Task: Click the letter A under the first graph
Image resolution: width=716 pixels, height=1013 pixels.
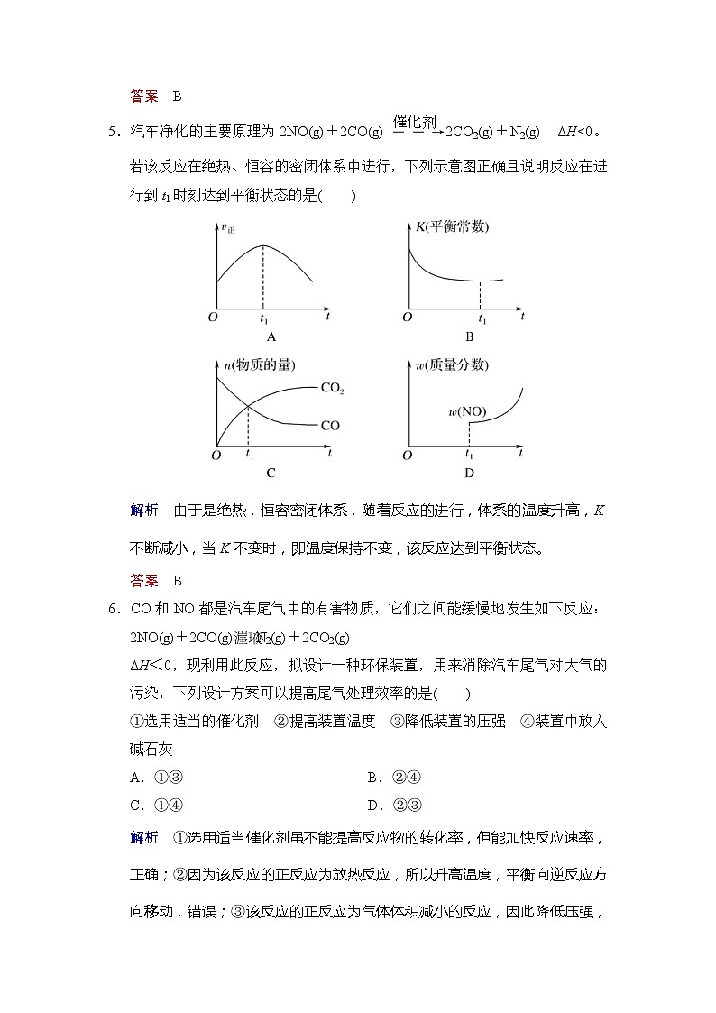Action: coord(271,336)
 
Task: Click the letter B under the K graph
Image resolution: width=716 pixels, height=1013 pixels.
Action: coord(469,336)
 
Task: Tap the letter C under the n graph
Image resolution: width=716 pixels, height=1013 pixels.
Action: coord(271,472)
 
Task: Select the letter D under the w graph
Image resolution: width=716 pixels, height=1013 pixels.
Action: coord(469,472)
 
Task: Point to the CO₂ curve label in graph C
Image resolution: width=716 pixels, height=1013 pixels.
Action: coord(333,389)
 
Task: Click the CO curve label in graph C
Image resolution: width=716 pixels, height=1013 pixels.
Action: coord(330,425)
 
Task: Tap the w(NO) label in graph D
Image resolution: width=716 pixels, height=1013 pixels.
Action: coord(467,412)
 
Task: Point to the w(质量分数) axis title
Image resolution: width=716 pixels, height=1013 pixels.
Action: coord(452,364)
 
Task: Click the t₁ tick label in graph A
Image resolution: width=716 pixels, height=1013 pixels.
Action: coord(264,319)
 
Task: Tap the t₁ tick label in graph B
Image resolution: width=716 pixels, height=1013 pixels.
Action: coord(482,319)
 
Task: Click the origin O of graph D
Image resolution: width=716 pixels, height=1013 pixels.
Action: coord(408,456)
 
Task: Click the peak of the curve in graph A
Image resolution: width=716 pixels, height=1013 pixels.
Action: coord(263,246)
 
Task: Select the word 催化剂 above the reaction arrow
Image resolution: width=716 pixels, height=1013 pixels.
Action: coord(415,121)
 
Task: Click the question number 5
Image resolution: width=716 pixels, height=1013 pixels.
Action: coord(113,133)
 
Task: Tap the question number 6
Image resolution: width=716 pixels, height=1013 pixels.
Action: coord(113,609)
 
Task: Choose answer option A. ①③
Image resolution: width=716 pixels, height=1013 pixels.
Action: coord(157,778)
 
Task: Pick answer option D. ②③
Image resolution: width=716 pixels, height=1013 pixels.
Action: coord(395,806)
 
